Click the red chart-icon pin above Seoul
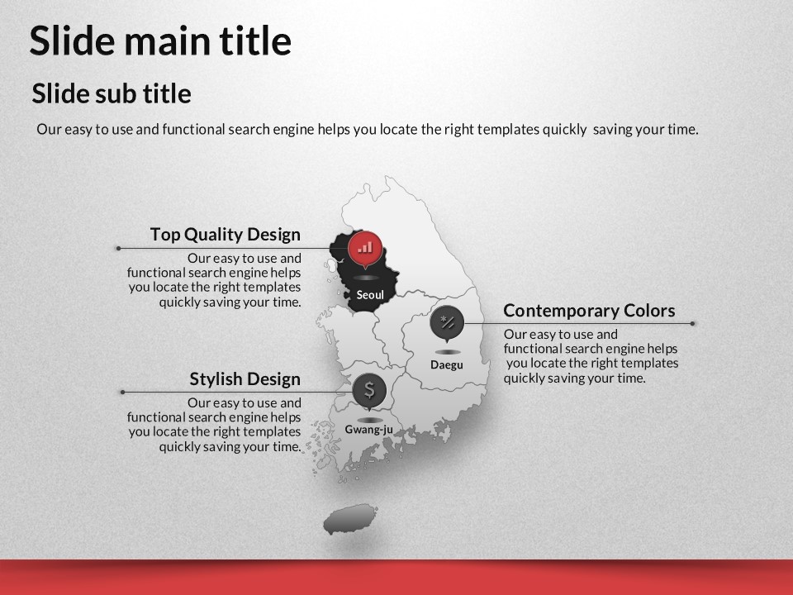[x=364, y=249]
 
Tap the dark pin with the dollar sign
[x=370, y=391]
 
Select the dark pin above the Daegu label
[x=447, y=322]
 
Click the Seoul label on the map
[x=370, y=295]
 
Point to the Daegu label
[x=447, y=364]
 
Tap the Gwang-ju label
[x=368, y=430]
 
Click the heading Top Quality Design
[x=225, y=234]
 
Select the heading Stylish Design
[x=245, y=379]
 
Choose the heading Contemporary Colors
[x=589, y=310]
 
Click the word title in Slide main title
[x=255, y=40]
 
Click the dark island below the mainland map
[x=350, y=519]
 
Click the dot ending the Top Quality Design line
[x=118, y=249]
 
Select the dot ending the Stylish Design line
[x=122, y=392]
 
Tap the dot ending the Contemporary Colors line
[x=692, y=323]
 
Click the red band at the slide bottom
[x=396, y=578]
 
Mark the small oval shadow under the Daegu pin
[x=447, y=352]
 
